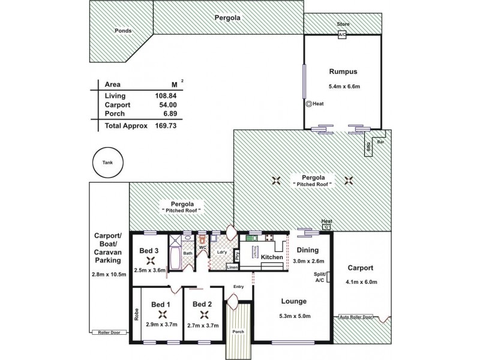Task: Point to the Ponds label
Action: click(124, 31)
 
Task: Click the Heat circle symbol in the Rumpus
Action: click(308, 104)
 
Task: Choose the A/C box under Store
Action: click(343, 35)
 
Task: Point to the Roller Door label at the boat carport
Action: click(107, 331)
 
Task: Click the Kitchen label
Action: click(272, 257)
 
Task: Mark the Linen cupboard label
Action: click(232, 268)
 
